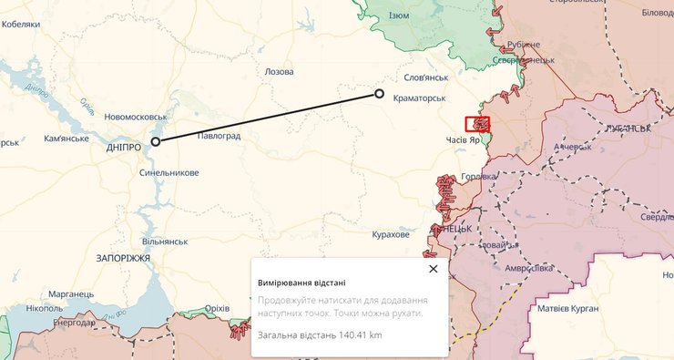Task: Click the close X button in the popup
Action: point(433,269)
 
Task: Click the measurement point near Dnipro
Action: point(156,141)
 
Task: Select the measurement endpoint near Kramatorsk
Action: point(380,94)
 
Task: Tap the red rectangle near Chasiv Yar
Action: point(477,124)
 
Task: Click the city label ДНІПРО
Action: point(123,147)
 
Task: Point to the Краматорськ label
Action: point(419,98)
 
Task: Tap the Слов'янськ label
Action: point(426,77)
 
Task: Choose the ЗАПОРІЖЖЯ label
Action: point(122,259)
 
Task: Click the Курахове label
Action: point(391,235)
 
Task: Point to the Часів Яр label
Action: point(463,141)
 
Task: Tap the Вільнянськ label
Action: point(165,242)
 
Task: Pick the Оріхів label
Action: point(217,309)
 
